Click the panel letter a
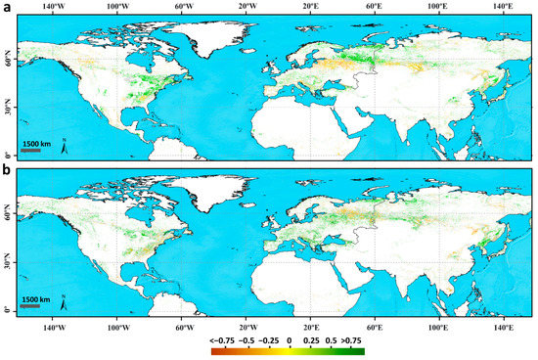7,8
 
